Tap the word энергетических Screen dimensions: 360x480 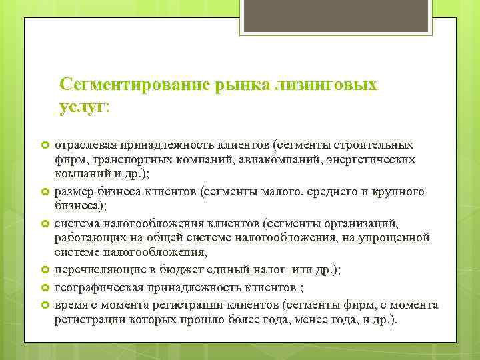click(x=379, y=160)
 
